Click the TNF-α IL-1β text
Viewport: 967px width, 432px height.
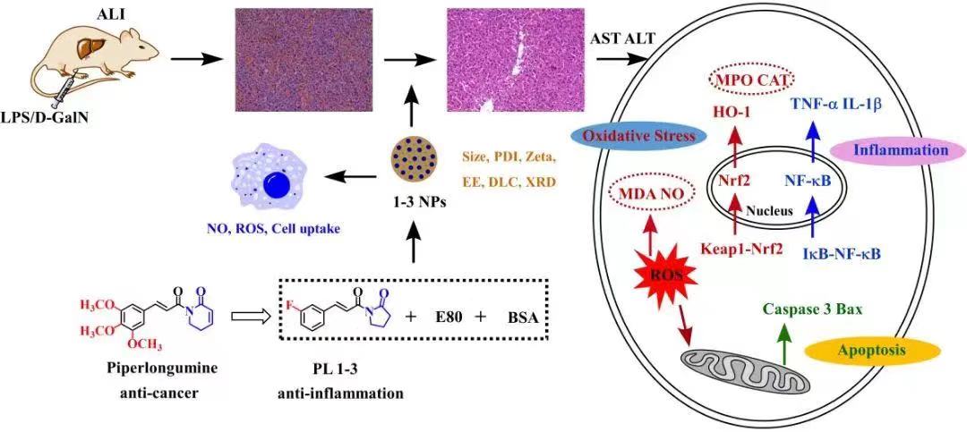click(835, 104)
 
